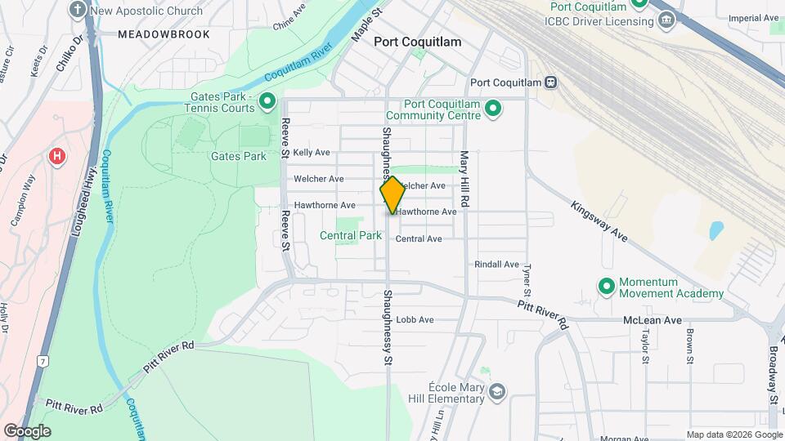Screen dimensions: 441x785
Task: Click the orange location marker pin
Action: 392,196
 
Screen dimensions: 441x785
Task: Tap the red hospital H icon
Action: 56,156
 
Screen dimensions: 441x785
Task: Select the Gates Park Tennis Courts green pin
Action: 267,102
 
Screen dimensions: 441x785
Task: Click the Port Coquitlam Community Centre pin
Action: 492,108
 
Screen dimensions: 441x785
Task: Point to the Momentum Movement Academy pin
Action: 607,287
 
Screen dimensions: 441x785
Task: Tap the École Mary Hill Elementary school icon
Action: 496,393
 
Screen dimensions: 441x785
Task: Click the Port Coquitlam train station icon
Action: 552,82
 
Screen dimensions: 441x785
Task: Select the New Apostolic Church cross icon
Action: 78,11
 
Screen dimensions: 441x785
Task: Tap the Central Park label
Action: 350,235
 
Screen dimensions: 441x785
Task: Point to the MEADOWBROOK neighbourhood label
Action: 164,35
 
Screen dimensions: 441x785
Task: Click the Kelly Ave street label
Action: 312,153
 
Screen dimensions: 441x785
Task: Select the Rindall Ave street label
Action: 497,265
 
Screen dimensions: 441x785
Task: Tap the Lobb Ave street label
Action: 415,319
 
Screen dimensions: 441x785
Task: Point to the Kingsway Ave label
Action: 599,221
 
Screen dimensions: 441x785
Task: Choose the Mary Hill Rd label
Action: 464,177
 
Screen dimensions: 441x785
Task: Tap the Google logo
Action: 27,430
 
